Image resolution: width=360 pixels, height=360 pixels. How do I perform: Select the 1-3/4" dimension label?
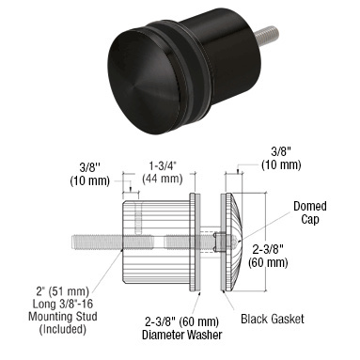click(163, 166)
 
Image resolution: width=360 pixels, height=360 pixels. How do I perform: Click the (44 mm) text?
click(163, 179)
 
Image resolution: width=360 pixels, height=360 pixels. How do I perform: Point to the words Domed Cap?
click(310, 212)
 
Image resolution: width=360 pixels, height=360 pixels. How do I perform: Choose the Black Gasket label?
click(273, 319)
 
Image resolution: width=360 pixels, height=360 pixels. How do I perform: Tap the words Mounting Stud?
click(63, 316)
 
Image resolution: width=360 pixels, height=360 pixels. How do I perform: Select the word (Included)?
click(63, 329)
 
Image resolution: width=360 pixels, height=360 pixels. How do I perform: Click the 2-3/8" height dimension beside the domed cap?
click(268, 250)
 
